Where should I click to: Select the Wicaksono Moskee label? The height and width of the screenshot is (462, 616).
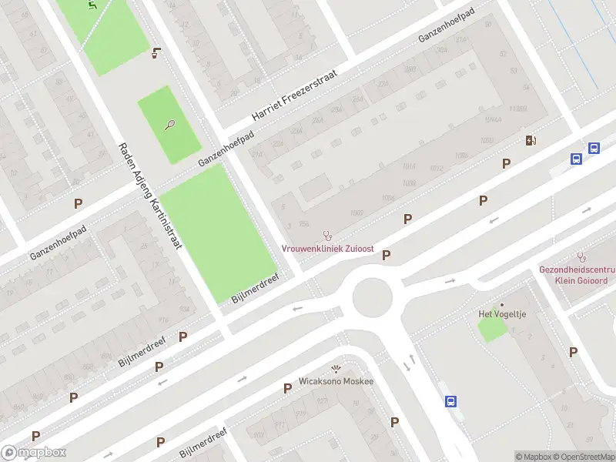(336, 381)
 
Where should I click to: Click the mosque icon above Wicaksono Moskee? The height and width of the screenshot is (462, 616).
(335, 368)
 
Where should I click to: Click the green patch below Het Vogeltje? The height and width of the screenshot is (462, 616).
(493, 330)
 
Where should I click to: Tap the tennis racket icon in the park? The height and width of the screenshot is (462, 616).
(170, 124)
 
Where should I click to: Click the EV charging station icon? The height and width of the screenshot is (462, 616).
(530, 140)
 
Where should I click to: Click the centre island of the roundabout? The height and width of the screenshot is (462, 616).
(373, 297)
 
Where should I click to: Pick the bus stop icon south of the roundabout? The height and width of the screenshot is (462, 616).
(451, 401)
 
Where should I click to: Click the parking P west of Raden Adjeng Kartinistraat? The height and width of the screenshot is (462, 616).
(78, 203)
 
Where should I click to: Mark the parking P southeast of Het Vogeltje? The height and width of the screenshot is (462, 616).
(573, 352)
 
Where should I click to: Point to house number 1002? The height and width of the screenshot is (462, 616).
(356, 212)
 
